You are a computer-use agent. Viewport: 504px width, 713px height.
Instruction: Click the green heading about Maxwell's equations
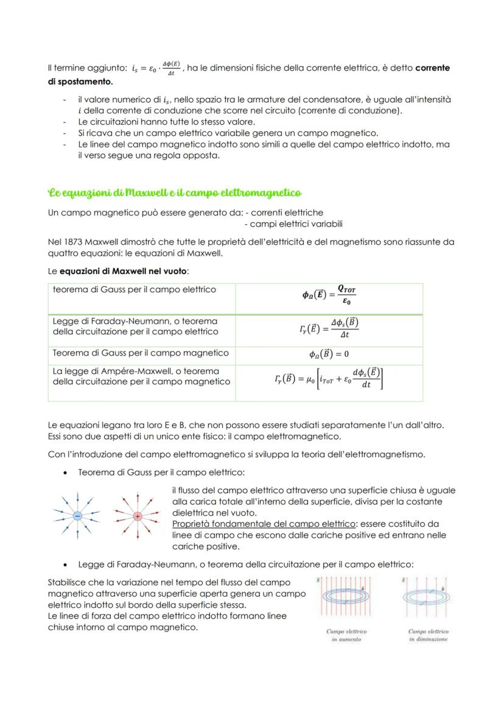pos(174,193)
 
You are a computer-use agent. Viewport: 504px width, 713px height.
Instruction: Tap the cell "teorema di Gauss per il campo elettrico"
pos(135,290)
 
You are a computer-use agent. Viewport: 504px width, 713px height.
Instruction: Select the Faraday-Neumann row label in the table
pos(136,326)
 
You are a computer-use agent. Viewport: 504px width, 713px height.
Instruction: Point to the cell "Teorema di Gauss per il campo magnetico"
pos(141,353)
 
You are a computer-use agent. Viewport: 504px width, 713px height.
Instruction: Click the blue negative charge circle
pos(78,516)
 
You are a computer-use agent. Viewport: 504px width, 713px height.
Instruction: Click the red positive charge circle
pos(138,516)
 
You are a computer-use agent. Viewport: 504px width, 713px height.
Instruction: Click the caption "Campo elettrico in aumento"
pos(347,635)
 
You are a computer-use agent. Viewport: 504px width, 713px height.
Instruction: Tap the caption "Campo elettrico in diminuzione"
pos(429,635)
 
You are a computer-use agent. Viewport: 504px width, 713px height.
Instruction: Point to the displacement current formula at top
pos(156,68)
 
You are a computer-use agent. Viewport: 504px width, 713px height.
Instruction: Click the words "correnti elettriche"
pos(288,213)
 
